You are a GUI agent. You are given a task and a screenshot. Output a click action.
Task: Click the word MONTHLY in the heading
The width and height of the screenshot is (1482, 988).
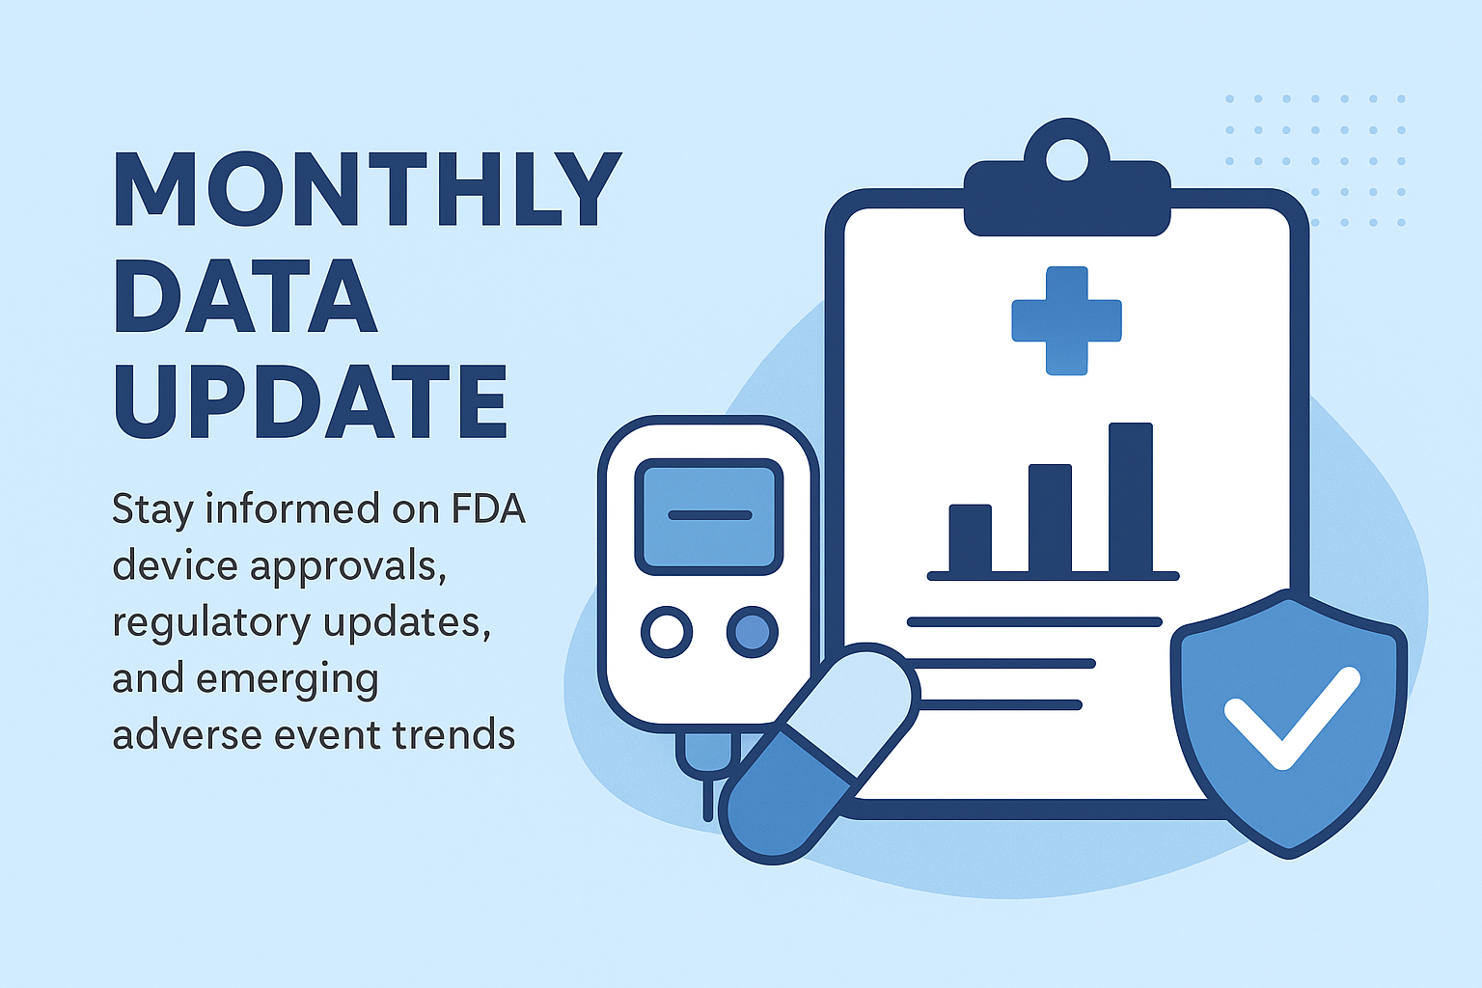pyautogui.click(x=368, y=189)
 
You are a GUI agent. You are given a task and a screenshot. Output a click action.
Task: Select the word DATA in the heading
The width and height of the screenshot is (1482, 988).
pyautogui.click(x=245, y=295)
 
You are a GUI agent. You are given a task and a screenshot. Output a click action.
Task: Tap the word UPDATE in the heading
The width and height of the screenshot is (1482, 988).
pyautogui.click(x=311, y=402)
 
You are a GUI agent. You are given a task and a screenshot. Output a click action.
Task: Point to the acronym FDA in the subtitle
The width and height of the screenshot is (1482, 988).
pyautogui.click(x=488, y=508)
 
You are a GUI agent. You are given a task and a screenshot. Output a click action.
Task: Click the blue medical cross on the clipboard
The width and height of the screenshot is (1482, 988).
pyautogui.click(x=1066, y=320)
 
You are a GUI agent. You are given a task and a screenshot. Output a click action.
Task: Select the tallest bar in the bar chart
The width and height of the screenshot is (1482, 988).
pyautogui.click(x=1130, y=498)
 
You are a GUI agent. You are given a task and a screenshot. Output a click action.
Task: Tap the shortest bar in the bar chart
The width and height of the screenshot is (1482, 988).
pyautogui.click(x=970, y=538)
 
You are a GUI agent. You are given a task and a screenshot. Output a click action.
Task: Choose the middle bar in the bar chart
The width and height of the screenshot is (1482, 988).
pyautogui.click(x=1050, y=518)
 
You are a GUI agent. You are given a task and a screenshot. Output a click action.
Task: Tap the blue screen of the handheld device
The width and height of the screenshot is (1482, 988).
pyautogui.click(x=708, y=516)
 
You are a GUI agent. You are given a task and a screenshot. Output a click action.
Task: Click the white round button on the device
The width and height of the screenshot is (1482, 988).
pyautogui.click(x=666, y=632)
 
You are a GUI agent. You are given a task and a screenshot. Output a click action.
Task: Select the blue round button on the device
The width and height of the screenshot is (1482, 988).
pyautogui.click(x=752, y=632)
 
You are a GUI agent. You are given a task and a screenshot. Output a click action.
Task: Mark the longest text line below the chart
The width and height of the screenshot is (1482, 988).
pyautogui.click(x=1034, y=622)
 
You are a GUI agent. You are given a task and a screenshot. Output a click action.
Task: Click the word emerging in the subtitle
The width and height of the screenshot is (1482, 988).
pyautogui.click(x=287, y=680)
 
